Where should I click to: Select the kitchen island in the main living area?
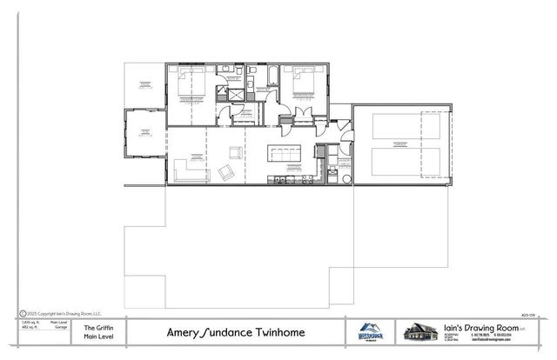[x=285, y=154]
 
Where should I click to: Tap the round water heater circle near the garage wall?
[x=347, y=179]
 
